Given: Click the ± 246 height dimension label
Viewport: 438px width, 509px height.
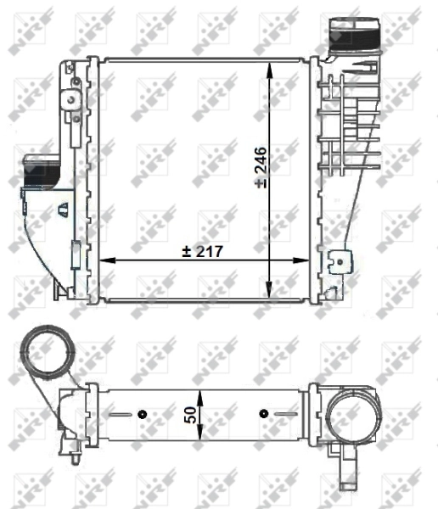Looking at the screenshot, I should click(260, 169).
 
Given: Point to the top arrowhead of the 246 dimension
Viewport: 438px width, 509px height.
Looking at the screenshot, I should click(270, 66).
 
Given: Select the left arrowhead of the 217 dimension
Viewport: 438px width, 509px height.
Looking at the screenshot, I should click(105, 258).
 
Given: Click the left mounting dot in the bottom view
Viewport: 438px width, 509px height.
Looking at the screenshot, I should click(142, 414).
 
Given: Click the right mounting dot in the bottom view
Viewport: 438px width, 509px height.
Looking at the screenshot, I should click(264, 414).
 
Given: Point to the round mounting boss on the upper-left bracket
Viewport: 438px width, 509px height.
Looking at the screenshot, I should click(76, 81).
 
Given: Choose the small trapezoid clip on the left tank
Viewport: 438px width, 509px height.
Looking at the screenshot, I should click(63, 206).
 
